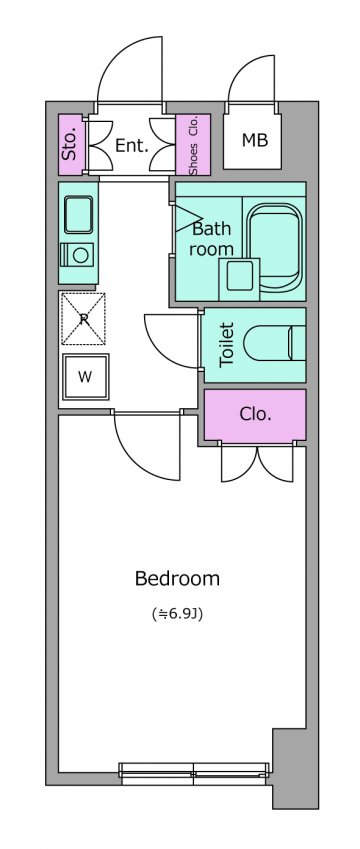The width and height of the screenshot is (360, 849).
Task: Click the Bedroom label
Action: pyautogui.click(x=177, y=578)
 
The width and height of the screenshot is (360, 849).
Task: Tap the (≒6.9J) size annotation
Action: pyautogui.click(x=178, y=615)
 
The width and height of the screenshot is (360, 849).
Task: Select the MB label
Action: pyautogui.click(x=254, y=140)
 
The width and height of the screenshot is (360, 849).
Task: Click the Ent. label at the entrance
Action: pyautogui.click(x=132, y=145)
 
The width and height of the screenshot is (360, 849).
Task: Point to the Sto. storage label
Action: pyautogui.click(x=70, y=145)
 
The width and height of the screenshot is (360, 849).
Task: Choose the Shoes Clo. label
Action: pyautogui.click(x=193, y=146)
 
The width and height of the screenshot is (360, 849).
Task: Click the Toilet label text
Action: pyautogui.click(x=227, y=345)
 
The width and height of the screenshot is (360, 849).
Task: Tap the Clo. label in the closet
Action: pyautogui.click(x=255, y=414)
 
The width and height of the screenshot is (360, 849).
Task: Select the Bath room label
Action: pyautogui.click(x=212, y=238)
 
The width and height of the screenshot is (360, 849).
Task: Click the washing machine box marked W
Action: pyautogui.click(x=85, y=377)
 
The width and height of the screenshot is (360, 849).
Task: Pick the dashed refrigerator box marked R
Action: pyautogui.click(x=83, y=318)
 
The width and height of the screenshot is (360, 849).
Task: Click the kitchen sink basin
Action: pyautogui.click(x=79, y=214)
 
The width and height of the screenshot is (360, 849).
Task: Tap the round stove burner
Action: pyautogui.click(x=81, y=254)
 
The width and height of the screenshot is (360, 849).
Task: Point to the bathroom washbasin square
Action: pyautogui.click(x=239, y=277)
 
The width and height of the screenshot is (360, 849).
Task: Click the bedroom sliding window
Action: pyautogui.click(x=194, y=773)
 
